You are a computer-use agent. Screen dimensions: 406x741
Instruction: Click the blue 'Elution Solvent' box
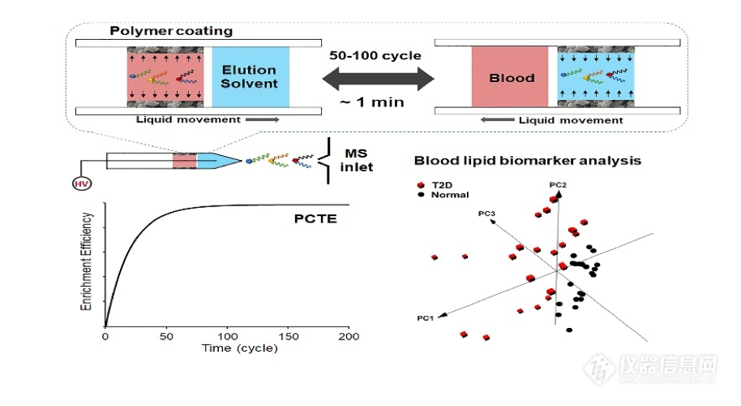[x=250, y=77]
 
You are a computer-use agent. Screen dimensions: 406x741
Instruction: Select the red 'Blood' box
[x=512, y=78]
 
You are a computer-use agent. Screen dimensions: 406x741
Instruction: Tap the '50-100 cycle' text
[x=375, y=56]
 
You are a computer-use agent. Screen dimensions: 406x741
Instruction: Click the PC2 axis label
[x=557, y=187]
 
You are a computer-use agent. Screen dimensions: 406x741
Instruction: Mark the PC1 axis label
[x=424, y=316]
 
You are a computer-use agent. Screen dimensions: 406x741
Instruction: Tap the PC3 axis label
[x=486, y=213]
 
